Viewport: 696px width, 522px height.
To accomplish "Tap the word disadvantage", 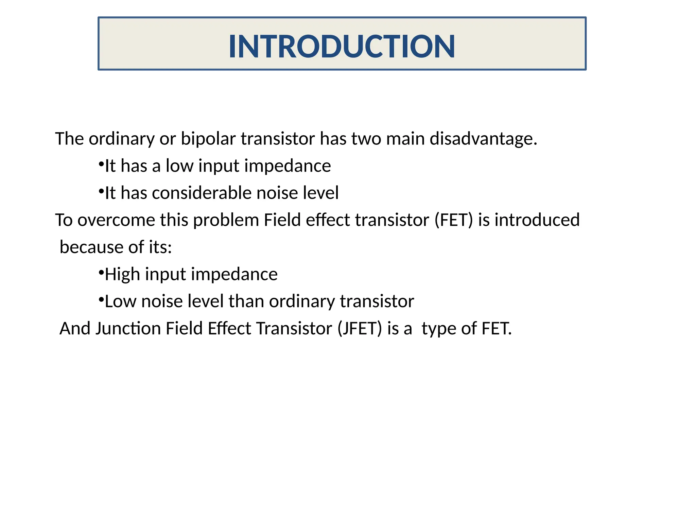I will (x=483, y=139).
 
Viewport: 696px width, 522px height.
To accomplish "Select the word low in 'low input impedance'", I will (x=179, y=166).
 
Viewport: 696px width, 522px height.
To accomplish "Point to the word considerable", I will (x=202, y=193).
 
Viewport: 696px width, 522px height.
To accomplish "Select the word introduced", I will (x=537, y=220).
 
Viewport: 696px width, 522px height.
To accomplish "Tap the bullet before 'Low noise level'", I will (x=101, y=300).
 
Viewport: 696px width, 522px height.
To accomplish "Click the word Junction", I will (x=128, y=329).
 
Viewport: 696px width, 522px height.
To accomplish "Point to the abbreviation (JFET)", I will (x=360, y=329).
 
